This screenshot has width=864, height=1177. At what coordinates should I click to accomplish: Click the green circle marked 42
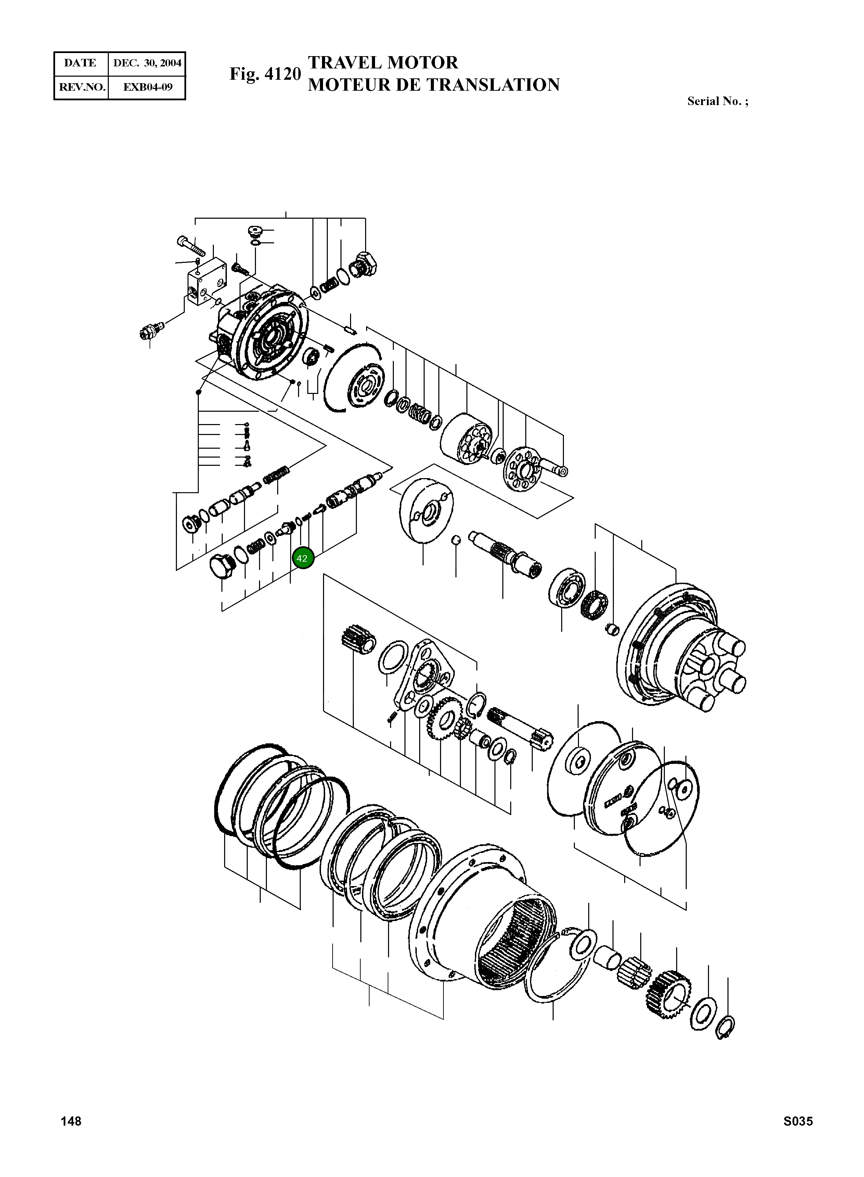pyautogui.click(x=302, y=558)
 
